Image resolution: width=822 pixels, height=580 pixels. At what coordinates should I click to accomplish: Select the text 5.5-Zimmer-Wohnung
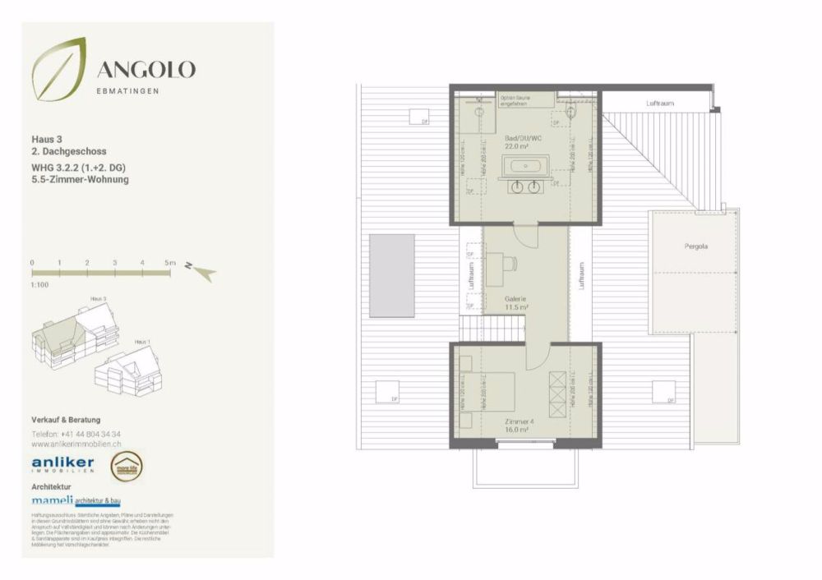[x=81, y=179]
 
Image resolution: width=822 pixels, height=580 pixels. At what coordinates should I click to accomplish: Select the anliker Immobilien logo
[x=62, y=464]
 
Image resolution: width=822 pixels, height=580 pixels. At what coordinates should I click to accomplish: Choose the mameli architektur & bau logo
[x=85, y=499]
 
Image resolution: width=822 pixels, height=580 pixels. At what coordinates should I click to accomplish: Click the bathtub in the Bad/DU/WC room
[x=524, y=167]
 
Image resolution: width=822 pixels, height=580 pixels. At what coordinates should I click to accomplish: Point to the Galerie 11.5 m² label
[x=516, y=303]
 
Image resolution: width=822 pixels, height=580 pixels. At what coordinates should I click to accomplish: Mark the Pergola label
[x=695, y=246]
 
